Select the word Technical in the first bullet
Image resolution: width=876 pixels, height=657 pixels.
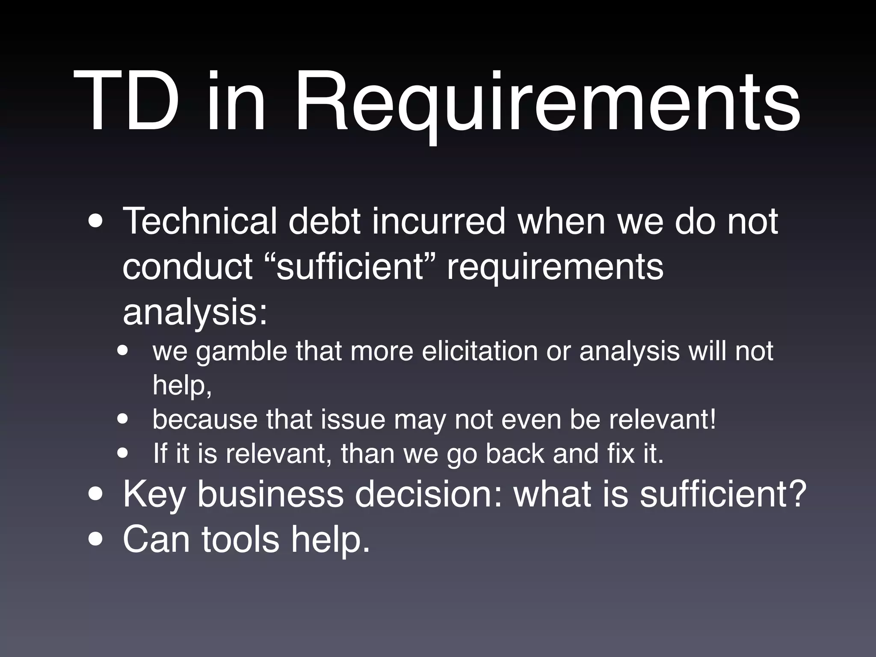pyautogui.click(x=200, y=222)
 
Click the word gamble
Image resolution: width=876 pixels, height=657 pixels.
pyautogui.click(x=242, y=352)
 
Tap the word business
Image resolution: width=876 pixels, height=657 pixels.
pyautogui.click(x=270, y=494)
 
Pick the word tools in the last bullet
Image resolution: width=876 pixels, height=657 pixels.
pyautogui.click(x=240, y=540)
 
